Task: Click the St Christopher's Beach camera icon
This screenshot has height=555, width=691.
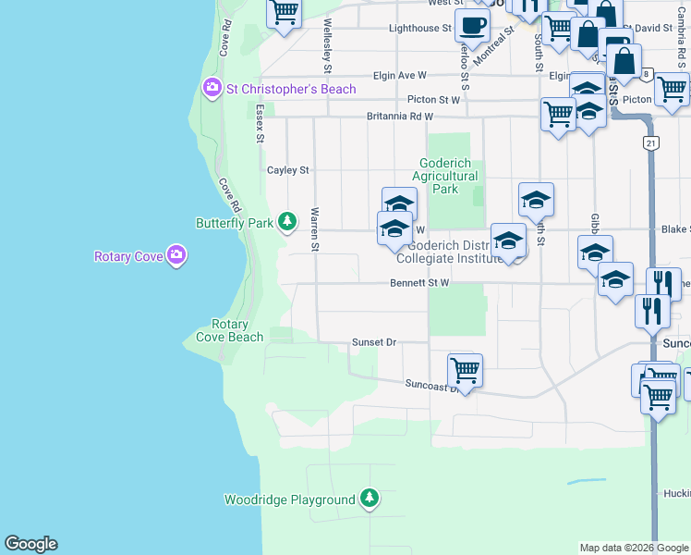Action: pyautogui.click(x=212, y=89)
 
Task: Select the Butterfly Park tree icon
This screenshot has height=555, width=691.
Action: pyautogui.click(x=288, y=222)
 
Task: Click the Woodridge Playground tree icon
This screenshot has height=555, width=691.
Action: pyautogui.click(x=370, y=499)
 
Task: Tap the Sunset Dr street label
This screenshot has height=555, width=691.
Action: pyautogui.click(x=373, y=342)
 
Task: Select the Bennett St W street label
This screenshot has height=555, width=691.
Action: pyautogui.click(x=419, y=283)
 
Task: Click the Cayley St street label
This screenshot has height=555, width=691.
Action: pyautogui.click(x=288, y=170)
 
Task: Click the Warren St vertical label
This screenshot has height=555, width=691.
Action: pyautogui.click(x=315, y=228)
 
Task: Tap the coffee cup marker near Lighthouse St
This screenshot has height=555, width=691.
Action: pyautogui.click(x=472, y=26)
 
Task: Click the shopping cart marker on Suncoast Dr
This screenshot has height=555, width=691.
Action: pyautogui.click(x=465, y=371)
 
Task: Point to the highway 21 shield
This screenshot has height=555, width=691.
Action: pyautogui.click(x=652, y=143)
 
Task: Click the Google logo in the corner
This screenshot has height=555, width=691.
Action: pyautogui.click(x=30, y=544)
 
